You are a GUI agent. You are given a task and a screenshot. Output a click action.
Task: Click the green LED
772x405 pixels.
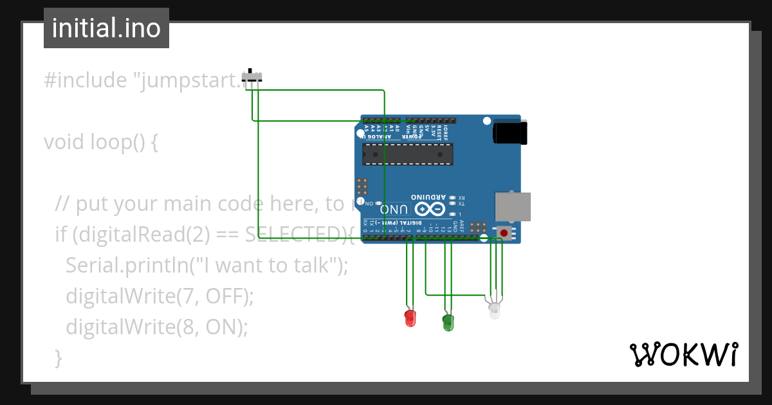tap(448, 322)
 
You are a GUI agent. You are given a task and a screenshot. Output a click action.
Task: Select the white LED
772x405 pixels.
tap(494, 311)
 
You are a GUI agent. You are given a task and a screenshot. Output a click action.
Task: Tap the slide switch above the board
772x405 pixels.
tap(252, 76)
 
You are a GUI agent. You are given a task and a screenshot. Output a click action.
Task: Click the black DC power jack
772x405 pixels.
tap(510, 134)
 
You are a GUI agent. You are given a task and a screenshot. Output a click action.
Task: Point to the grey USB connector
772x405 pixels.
tap(513, 206)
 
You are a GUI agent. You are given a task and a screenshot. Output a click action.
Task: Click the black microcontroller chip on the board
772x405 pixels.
tap(407, 154)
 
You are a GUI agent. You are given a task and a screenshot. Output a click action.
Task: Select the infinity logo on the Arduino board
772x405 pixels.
tap(430, 209)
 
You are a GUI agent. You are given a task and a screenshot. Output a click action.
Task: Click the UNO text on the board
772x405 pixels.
tap(394, 210)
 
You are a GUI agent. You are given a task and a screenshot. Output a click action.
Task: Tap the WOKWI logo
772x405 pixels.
tap(683, 354)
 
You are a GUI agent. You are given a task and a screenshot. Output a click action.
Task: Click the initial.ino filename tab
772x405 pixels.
tap(106, 28)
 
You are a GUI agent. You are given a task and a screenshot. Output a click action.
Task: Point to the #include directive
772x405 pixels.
tap(86, 81)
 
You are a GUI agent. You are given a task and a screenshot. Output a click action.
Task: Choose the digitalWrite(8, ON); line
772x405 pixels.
tap(156, 327)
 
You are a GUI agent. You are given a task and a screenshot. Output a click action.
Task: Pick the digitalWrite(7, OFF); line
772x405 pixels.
tap(160, 296)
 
